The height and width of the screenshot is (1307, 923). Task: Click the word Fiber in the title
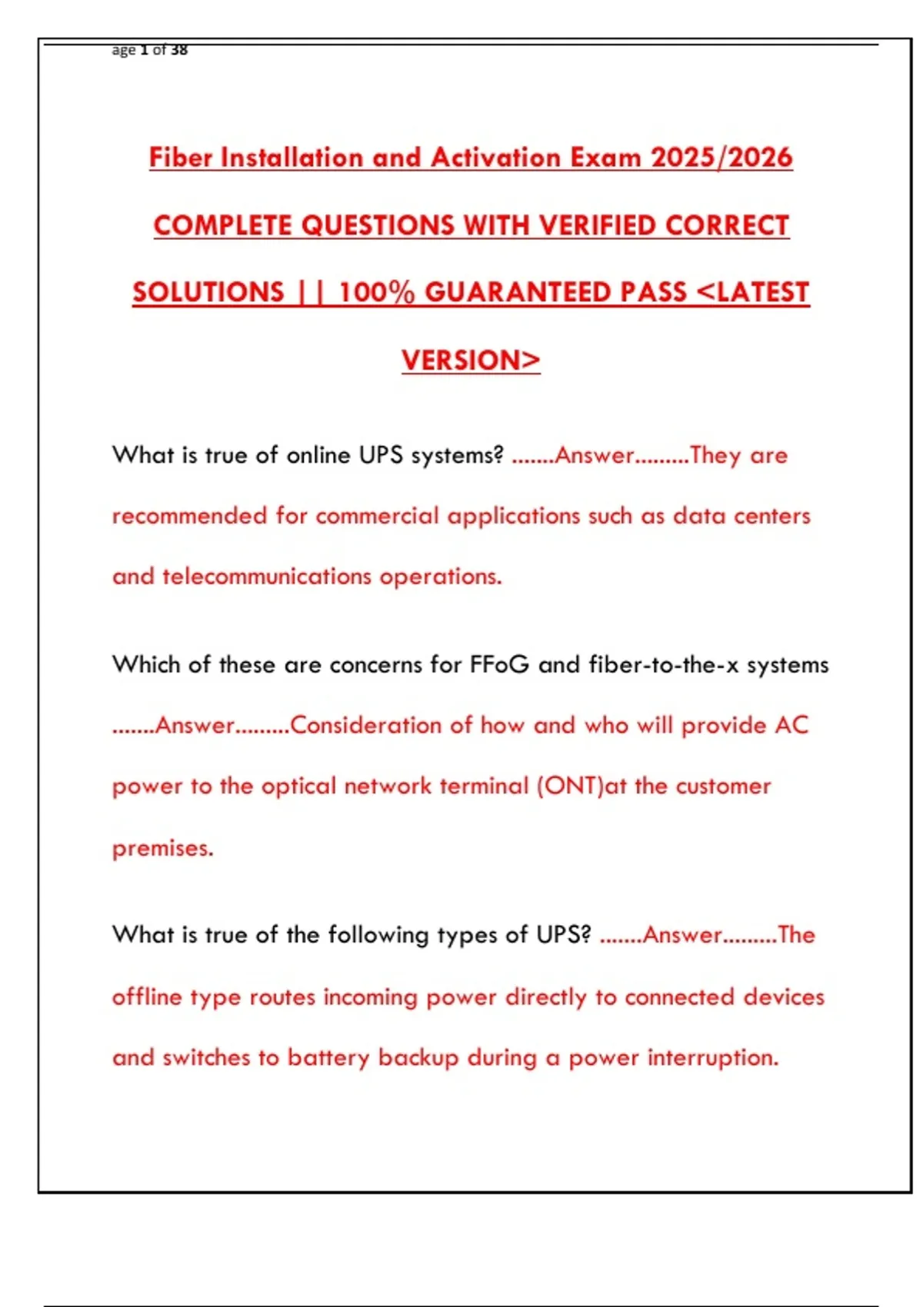(181, 158)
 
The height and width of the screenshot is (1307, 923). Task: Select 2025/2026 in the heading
(721, 158)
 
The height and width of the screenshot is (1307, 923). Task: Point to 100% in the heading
(376, 292)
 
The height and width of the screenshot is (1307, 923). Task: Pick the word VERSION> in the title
(471, 360)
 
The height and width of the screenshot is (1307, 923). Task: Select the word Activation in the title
(496, 158)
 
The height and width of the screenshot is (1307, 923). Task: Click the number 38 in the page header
(179, 50)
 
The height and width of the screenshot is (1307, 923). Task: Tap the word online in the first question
(318, 455)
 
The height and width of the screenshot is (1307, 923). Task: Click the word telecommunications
(267, 577)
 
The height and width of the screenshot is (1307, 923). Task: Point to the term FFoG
(499, 664)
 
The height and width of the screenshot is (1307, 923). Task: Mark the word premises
(162, 848)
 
